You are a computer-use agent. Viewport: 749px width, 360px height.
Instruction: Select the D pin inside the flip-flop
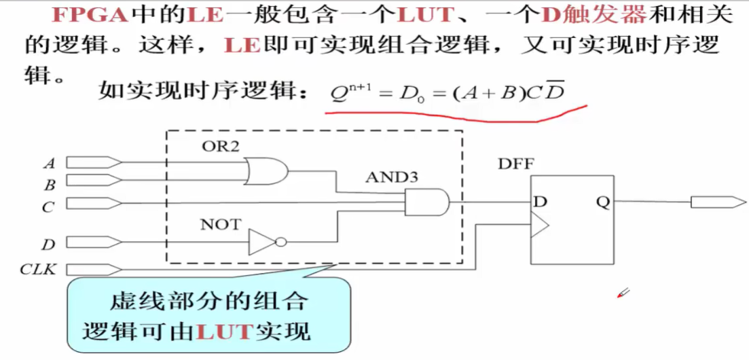(x=541, y=202)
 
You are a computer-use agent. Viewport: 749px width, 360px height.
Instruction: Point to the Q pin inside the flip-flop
(x=602, y=202)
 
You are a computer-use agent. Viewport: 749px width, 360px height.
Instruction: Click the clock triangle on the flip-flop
(x=539, y=224)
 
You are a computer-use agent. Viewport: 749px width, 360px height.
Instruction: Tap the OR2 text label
(x=220, y=145)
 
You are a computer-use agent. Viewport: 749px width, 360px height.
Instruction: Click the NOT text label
(x=220, y=224)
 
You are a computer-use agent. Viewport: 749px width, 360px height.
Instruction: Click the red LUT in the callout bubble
(x=223, y=331)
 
